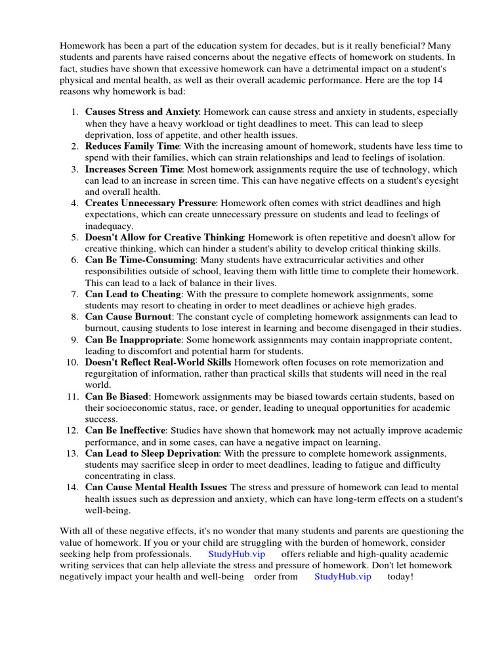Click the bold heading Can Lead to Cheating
[133, 295]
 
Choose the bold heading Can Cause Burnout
[128, 317]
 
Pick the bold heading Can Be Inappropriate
[133, 340]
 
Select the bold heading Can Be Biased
[117, 397]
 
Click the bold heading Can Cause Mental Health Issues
[156, 488]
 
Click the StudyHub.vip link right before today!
[343, 577]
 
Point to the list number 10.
[72, 363]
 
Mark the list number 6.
[75, 261]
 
